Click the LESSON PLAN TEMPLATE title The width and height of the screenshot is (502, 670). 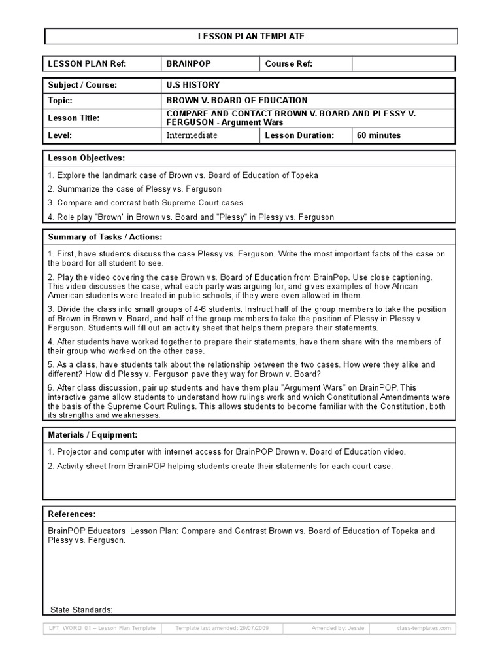[x=251, y=37]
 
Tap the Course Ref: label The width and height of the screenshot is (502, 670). [x=289, y=64]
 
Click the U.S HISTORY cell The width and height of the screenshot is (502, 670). [x=193, y=85]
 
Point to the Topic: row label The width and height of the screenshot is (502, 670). [x=60, y=101]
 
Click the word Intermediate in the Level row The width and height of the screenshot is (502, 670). [x=192, y=135]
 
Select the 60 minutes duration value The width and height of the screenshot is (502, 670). [x=379, y=135]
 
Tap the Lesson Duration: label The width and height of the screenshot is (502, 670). [x=299, y=135]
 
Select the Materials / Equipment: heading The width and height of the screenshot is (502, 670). [x=92, y=435]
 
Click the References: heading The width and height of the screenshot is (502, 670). [x=72, y=514]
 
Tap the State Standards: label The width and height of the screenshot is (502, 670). [x=82, y=610]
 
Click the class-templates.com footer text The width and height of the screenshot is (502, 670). [x=424, y=628]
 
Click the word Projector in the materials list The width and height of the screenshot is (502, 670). [x=75, y=452]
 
